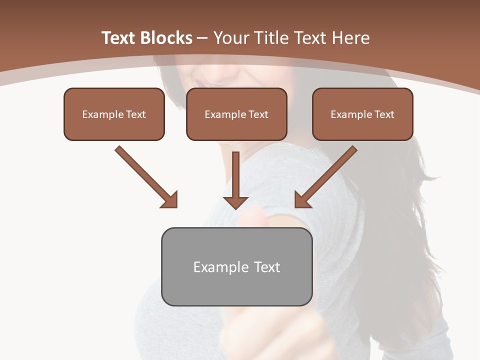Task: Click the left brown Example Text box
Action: [x=114, y=114]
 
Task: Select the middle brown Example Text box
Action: [x=236, y=114]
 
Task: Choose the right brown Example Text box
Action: [x=362, y=114]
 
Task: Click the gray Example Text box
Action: [x=236, y=266]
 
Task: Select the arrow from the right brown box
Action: [x=327, y=175]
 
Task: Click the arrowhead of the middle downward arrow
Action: [x=236, y=202]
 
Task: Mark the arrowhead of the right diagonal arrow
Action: [x=301, y=200]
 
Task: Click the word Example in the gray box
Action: [x=217, y=267]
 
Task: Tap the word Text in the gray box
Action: [x=267, y=267]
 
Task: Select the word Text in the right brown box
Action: [x=384, y=114]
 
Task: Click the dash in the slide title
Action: [x=202, y=37]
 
